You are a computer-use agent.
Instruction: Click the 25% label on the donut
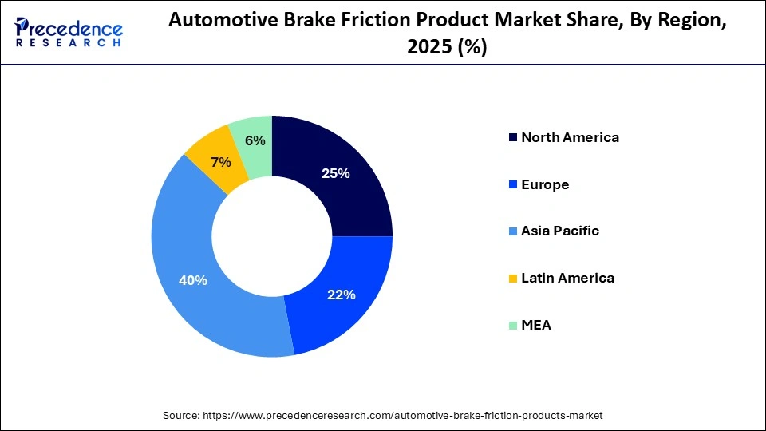click(x=335, y=173)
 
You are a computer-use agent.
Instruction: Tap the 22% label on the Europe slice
click(x=341, y=295)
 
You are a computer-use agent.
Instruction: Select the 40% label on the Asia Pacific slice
click(x=193, y=280)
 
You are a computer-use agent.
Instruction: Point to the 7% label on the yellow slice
click(x=220, y=163)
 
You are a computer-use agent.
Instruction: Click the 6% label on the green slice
click(x=255, y=140)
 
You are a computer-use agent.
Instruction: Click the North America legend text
click(x=570, y=137)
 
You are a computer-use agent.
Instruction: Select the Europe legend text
click(x=545, y=184)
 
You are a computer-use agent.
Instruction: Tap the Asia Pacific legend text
click(x=560, y=231)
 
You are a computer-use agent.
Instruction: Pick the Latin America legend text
click(x=567, y=278)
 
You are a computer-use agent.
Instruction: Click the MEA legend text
click(x=536, y=325)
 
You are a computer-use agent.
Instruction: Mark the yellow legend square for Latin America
click(x=511, y=279)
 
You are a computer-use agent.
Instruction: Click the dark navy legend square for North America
click(x=511, y=138)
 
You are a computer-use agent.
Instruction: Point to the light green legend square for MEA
click(x=511, y=326)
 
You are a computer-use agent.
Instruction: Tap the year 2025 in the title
click(x=427, y=48)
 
